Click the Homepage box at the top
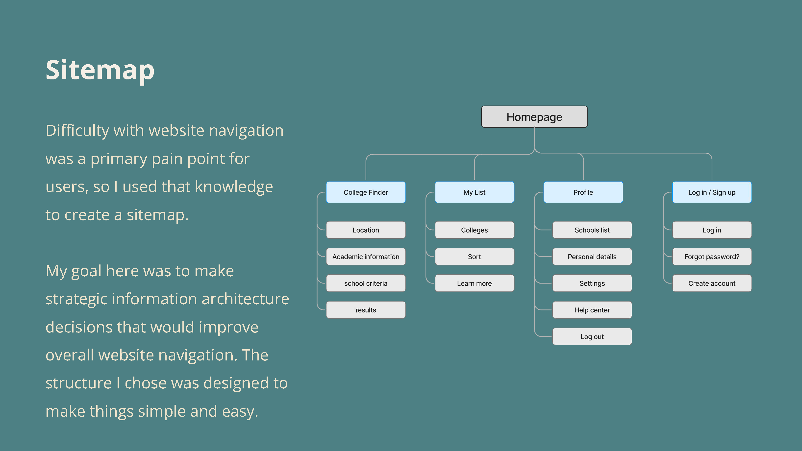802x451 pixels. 534,117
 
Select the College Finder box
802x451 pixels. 366,192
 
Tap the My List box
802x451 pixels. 475,192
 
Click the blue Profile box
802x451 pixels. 583,192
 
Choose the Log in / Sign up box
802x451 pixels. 712,192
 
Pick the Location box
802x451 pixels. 366,230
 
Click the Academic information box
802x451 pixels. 366,257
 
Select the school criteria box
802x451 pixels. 366,283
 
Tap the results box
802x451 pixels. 366,310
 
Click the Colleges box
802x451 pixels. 475,230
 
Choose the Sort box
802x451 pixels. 475,257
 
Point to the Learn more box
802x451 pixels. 475,283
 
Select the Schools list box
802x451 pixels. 592,230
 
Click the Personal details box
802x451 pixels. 592,257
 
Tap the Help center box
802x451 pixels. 592,310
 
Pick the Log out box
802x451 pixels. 592,336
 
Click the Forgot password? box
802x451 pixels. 712,257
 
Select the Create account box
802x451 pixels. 712,283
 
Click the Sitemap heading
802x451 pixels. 100,70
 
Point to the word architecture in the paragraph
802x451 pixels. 245,299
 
